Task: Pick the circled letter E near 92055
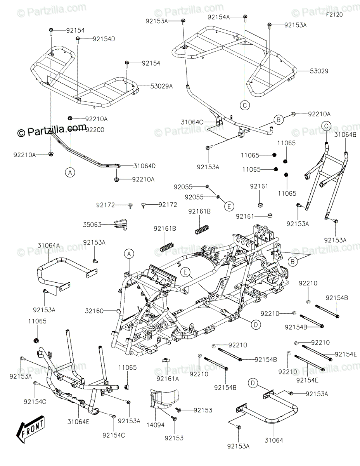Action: [x=229, y=206]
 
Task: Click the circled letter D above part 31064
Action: [x=253, y=384]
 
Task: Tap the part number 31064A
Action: [x=48, y=245]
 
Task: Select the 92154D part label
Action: [x=104, y=38]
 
